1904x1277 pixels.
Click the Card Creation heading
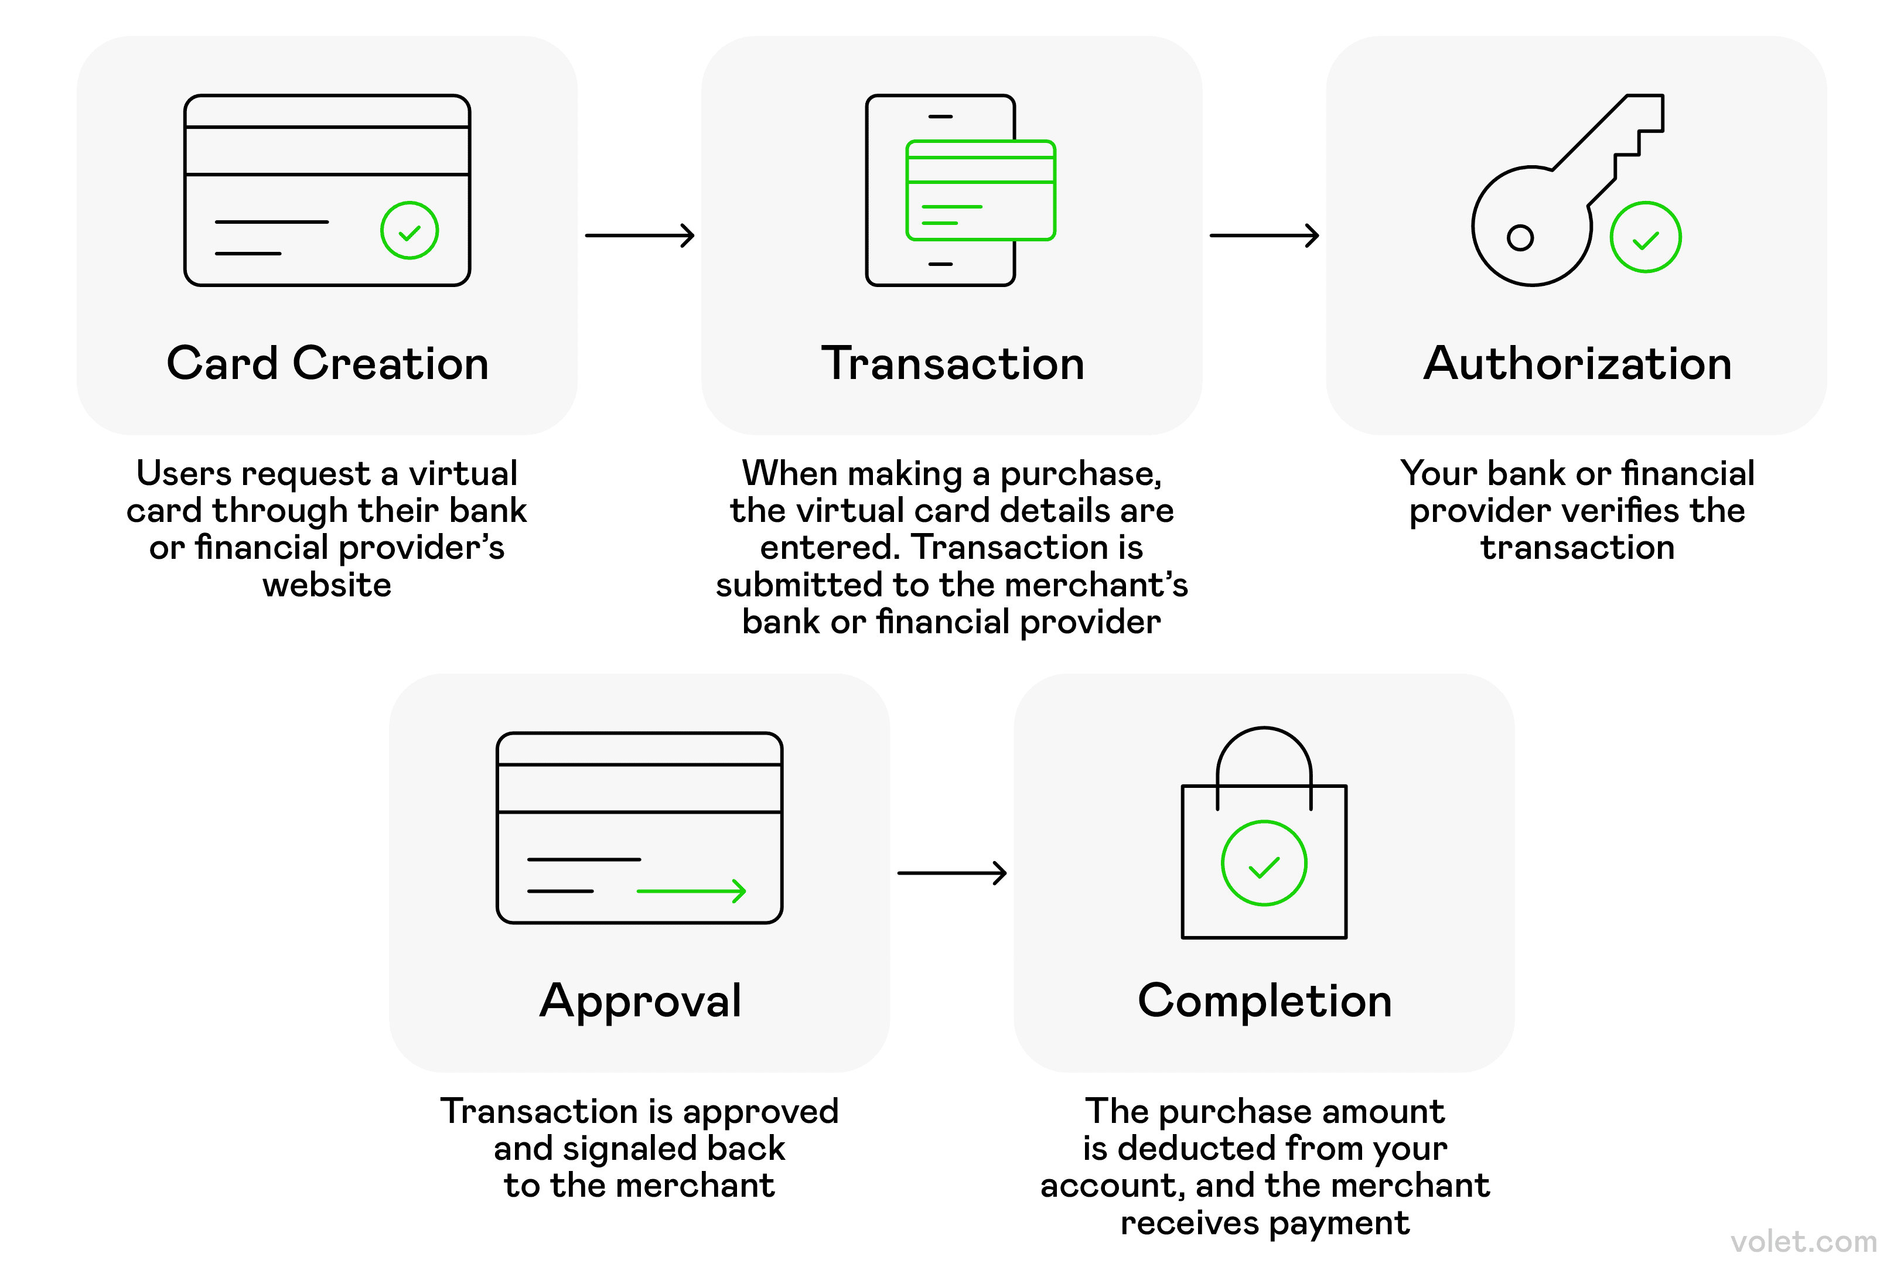coord(327,363)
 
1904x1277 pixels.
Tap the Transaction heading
coord(952,363)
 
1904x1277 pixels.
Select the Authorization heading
coord(1577,363)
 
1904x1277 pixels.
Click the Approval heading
coord(640,1001)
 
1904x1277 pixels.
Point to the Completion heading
coord(1264,1001)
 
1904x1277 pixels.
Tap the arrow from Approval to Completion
coord(952,873)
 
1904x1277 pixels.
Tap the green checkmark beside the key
coord(1645,238)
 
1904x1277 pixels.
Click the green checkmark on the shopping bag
coord(1264,863)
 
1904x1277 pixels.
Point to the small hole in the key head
coord(1520,238)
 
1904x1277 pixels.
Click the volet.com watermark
coord(1803,1242)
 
